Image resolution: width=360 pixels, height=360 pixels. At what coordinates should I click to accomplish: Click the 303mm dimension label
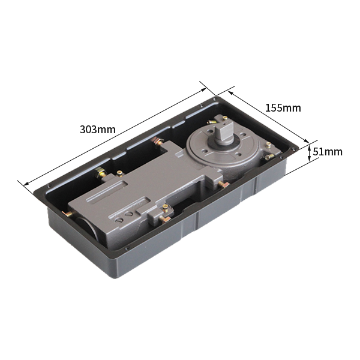click(98, 130)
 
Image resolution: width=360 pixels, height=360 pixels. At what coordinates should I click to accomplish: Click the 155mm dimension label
click(283, 108)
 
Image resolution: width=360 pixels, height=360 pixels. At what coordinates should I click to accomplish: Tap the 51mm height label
click(328, 152)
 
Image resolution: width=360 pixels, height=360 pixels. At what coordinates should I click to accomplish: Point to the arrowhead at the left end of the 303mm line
click(26, 183)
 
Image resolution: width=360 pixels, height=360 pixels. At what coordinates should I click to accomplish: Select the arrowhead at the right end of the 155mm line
click(307, 141)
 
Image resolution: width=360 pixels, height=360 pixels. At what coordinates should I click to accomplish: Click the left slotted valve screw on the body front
click(119, 220)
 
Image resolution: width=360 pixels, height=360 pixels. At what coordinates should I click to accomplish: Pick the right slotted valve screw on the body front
click(129, 214)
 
